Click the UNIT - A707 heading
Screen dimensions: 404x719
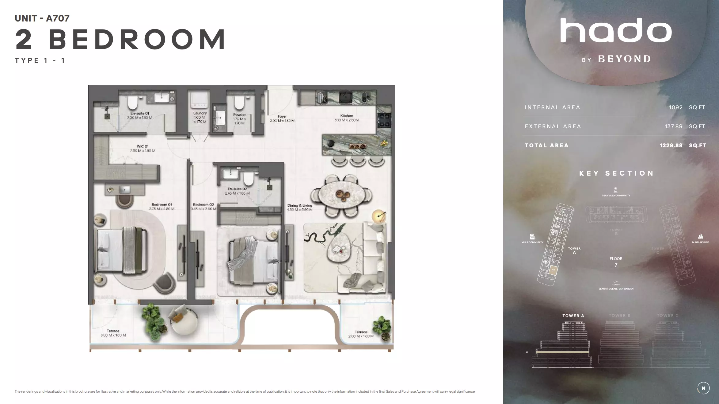42,18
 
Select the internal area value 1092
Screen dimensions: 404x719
675,107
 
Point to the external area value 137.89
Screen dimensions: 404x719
673,126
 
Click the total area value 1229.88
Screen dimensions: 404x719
671,146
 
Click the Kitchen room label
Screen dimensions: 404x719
347,116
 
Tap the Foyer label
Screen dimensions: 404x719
282,117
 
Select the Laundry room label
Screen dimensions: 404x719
200,113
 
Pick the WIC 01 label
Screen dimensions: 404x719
143,146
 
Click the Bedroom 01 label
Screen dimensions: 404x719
162,204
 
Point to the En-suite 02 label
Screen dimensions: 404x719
237,189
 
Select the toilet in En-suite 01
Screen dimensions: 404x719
132,102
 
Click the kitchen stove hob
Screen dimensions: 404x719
384,120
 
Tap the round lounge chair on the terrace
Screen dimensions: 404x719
183,322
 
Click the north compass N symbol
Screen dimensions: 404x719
703,388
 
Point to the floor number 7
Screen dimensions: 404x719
616,265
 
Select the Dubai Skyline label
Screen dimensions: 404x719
700,242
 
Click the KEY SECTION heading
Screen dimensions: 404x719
616,173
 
